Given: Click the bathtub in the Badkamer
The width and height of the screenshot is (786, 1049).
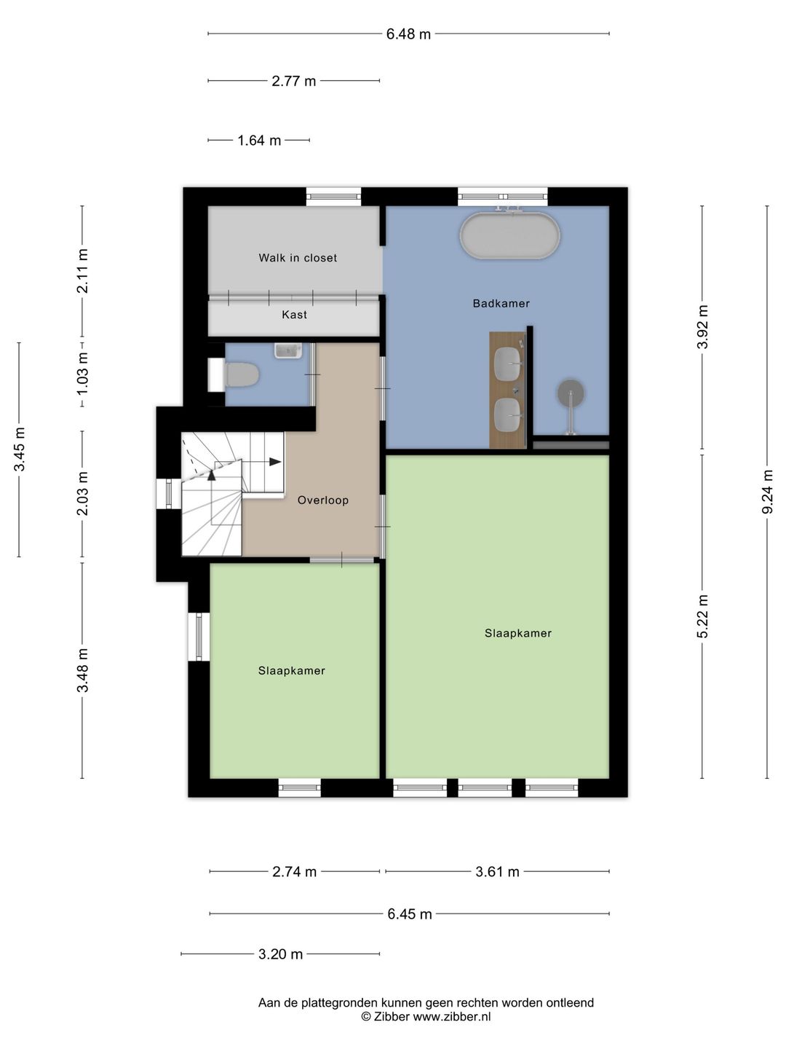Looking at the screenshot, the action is point(509,235).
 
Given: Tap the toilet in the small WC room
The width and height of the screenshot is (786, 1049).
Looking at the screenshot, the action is point(242,374).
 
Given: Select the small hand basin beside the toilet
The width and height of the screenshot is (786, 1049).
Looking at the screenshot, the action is point(288,350).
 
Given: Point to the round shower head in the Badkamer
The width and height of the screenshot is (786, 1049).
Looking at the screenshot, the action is point(571,393).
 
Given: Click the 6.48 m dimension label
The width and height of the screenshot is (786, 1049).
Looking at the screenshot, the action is point(408,34).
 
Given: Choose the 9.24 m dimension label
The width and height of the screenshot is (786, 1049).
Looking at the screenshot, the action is point(767,492).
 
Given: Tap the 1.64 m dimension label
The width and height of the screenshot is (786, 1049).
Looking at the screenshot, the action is point(259,141).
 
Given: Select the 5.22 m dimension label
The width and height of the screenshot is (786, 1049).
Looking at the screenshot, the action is point(702,616).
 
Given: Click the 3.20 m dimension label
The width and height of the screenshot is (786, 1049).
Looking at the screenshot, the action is point(281,954).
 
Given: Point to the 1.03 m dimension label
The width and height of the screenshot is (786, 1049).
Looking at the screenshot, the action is point(82,374).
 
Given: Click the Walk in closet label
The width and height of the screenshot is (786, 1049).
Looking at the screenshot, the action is point(298,258).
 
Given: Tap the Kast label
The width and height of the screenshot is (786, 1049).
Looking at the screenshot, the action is point(295,315).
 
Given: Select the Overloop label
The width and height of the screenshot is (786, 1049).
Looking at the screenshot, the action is point(323,500).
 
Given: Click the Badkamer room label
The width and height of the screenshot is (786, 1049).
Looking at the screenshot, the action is point(501,304).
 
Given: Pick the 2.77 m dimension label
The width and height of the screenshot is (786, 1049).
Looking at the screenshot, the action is point(294,82).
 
